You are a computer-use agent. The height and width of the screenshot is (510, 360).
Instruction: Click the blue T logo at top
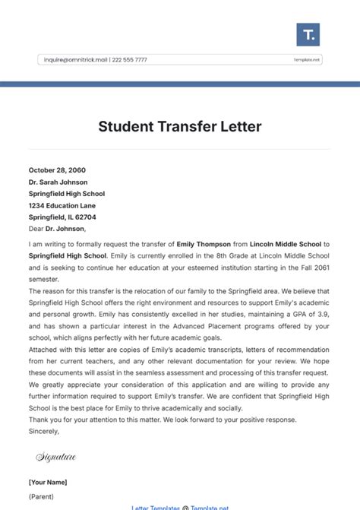pos(308,34)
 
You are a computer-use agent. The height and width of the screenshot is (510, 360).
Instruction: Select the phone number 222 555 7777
pos(131,59)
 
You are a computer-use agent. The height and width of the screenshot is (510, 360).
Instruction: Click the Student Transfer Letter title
pos(179,126)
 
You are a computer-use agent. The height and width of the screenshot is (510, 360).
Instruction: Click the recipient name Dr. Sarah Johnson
pos(58,182)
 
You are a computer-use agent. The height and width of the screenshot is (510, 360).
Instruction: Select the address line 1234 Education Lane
pos(62,205)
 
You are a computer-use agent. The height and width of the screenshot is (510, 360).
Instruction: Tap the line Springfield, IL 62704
pos(62,217)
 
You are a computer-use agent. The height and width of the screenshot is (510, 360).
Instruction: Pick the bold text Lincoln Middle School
pos(284,244)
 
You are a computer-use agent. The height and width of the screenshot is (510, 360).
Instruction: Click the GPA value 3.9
pos(322,314)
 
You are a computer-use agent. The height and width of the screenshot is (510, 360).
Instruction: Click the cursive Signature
pos(56,457)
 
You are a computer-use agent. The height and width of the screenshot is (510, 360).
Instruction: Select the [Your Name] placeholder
pos(48,482)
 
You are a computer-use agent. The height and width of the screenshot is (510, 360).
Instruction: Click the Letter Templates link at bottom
pos(156,507)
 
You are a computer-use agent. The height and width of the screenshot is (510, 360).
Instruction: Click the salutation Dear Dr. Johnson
pos(58,228)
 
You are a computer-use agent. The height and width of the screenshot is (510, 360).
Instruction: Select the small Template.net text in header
pos(307,59)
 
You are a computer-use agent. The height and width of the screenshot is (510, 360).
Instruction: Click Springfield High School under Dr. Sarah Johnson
pos(67,194)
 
